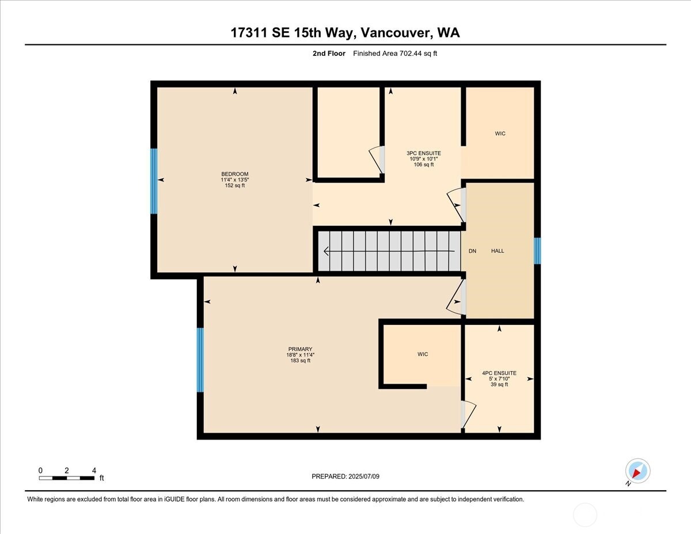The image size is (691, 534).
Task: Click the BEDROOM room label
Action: point(234,174)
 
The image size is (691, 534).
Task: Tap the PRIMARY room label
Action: point(300,349)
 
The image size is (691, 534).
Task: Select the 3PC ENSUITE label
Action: point(423,153)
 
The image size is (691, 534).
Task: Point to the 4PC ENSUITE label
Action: point(499,373)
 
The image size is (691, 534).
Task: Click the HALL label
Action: point(498,251)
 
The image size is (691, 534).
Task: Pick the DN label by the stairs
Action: point(472,251)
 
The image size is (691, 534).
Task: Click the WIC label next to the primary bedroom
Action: point(423,354)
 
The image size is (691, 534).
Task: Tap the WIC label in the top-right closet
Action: point(500,134)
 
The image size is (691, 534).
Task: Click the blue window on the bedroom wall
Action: point(154,181)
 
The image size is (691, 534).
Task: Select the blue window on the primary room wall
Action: point(200,360)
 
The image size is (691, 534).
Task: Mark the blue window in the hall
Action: point(537,251)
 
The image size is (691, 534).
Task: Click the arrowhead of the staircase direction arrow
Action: point(326,251)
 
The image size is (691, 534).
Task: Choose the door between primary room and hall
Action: point(457,297)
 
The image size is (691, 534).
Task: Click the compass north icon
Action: point(637,471)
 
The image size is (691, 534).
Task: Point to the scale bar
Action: point(66,478)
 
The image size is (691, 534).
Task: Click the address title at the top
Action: point(345,33)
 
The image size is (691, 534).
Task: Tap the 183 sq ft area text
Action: point(300,361)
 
